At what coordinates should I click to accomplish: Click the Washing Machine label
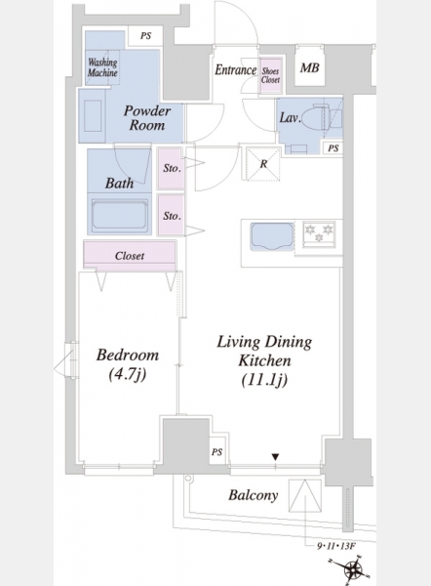[x=102, y=67]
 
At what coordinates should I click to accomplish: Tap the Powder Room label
[x=147, y=118]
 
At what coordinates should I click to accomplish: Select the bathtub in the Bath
[x=119, y=215]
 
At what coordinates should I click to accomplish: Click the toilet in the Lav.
[x=321, y=118]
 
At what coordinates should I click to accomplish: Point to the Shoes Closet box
[x=270, y=76]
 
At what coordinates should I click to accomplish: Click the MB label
[x=310, y=68]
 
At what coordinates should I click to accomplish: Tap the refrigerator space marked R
[x=263, y=164]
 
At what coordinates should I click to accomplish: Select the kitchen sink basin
[x=272, y=236]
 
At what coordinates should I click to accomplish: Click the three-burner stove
[x=319, y=234]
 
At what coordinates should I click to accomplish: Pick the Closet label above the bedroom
[x=130, y=256]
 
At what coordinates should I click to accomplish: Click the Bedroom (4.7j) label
[x=128, y=364]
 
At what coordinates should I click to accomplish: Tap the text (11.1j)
[x=264, y=380]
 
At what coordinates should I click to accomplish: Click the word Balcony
[x=254, y=495]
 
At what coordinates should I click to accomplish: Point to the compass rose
[x=351, y=570]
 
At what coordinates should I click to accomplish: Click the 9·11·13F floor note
[x=335, y=546]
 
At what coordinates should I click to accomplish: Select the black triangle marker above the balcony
[x=275, y=457]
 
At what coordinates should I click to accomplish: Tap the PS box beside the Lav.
[x=333, y=148]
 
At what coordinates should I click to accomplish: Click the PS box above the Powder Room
[x=145, y=36]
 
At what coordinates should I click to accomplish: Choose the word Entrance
[x=235, y=70]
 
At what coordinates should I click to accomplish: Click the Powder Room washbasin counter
[x=93, y=116]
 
